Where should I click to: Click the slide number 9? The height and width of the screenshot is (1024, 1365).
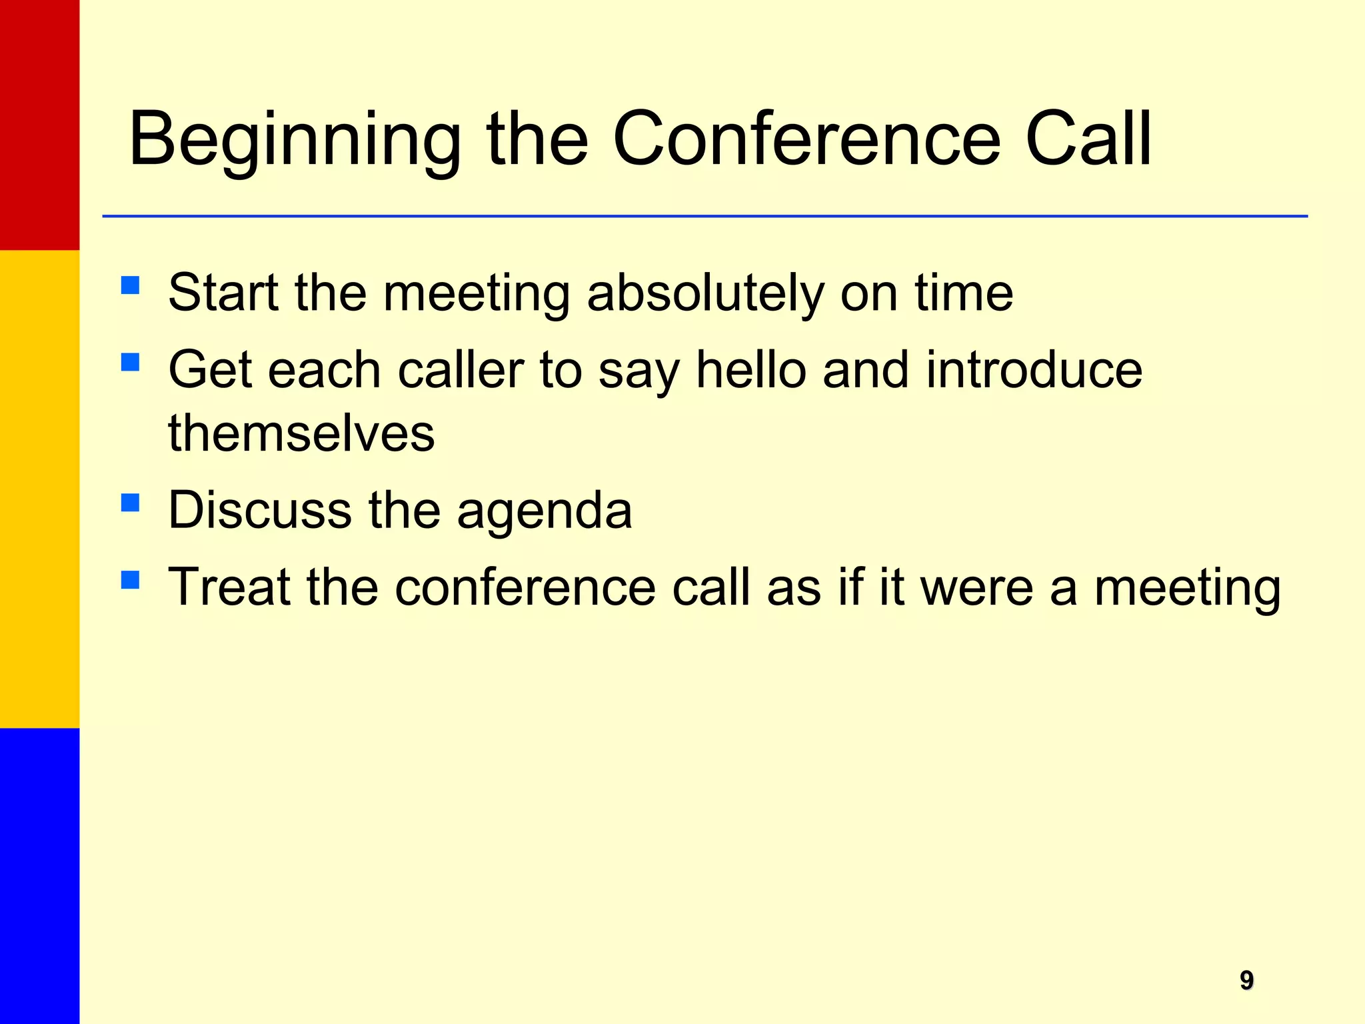[1246, 980]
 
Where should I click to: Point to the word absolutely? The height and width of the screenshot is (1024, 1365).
[705, 293]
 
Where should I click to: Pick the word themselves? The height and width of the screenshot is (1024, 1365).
[301, 433]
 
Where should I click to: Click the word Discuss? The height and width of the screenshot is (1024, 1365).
[259, 510]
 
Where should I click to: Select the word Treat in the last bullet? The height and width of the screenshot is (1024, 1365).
[229, 587]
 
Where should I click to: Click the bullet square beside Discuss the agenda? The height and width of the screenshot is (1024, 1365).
[131, 503]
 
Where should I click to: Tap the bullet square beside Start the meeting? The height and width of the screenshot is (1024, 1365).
[131, 285]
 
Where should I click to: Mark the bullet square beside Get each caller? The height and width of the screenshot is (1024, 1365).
[131, 362]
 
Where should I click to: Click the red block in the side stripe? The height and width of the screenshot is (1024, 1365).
[39, 125]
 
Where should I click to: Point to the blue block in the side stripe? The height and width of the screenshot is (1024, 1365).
[39, 875]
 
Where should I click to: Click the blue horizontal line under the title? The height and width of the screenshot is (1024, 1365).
[704, 216]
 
